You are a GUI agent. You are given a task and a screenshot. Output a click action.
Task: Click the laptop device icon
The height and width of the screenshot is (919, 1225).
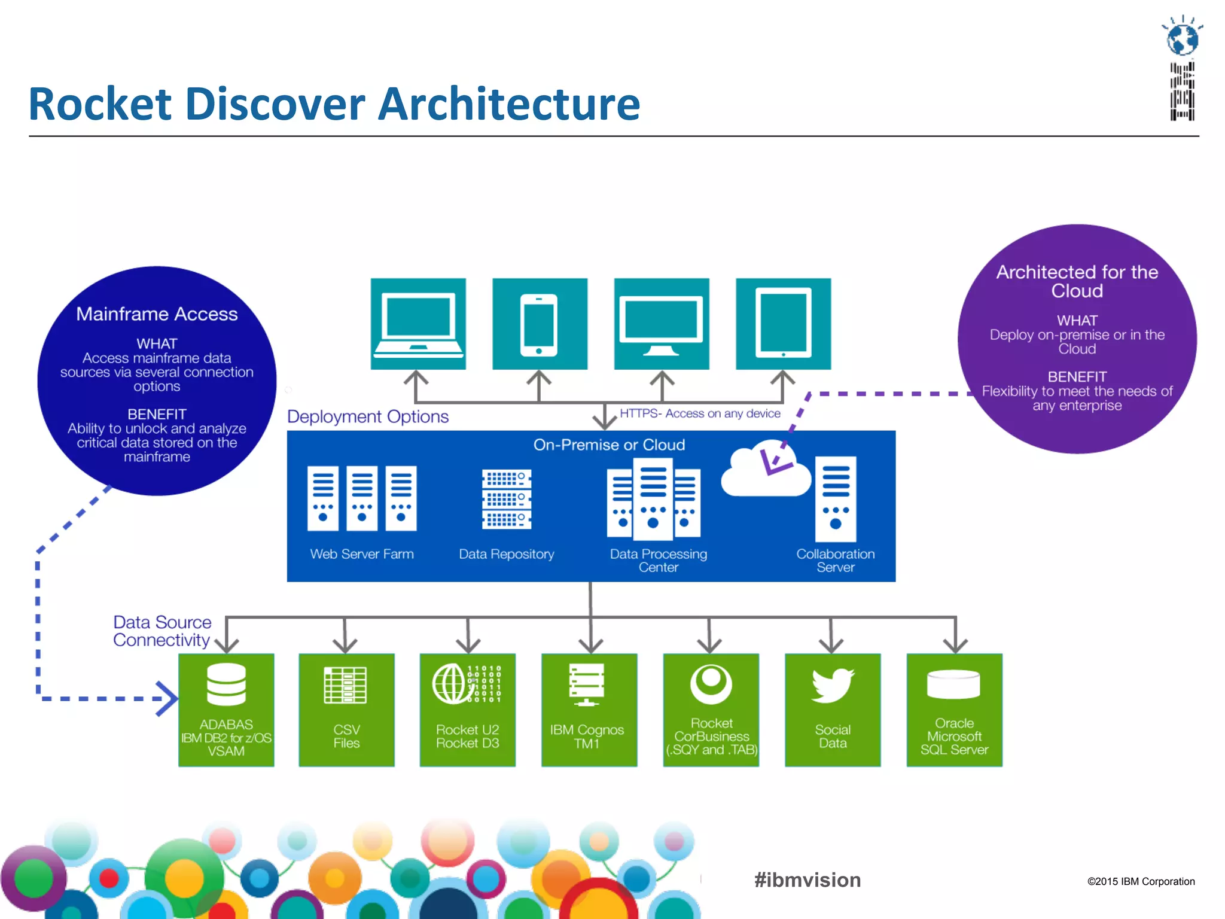pyautogui.click(x=418, y=323)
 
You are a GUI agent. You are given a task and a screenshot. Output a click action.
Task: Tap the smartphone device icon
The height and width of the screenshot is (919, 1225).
pyautogui.click(x=539, y=324)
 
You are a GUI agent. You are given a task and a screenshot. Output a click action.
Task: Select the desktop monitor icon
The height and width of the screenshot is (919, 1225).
pyautogui.click(x=661, y=324)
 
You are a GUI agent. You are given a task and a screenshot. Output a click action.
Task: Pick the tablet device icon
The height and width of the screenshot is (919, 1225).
pyautogui.click(x=783, y=324)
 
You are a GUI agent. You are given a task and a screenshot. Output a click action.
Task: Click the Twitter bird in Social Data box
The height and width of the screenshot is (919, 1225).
pyautogui.click(x=833, y=684)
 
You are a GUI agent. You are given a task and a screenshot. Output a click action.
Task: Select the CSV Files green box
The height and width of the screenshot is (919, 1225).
pyautogui.click(x=346, y=710)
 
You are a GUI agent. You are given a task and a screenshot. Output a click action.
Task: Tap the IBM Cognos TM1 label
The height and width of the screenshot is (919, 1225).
pyautogui.click(x=587, y=737)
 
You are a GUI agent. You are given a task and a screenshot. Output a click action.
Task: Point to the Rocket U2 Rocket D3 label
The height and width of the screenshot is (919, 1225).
pyautogui.click(x=467, y=737)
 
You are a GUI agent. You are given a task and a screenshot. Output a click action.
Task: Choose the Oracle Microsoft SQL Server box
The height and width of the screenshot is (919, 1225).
pyautogui.click(x=954, y=710)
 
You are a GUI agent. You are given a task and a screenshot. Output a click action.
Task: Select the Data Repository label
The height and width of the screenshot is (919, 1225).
pyautogui.click(x=506, y=554)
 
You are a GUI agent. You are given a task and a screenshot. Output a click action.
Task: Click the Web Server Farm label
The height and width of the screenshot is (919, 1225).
pyautogui.click(x=361, y=554)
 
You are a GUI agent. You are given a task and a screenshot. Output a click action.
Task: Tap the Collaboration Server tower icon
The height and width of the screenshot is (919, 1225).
pyautogui.click(x=836, y=499)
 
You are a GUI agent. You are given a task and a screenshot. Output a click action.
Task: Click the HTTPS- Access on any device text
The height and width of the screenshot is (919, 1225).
pyautogui.click(x=700, y=413)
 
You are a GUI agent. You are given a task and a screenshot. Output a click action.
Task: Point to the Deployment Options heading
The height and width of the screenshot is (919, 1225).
pyautogui.click(x=367, y=416)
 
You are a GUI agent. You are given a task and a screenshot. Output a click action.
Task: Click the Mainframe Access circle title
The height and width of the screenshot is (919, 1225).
pyautogui.click(x=157, y=314)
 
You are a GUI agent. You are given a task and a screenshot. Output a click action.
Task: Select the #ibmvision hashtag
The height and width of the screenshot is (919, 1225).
pyautogui.click(x=807, y=880)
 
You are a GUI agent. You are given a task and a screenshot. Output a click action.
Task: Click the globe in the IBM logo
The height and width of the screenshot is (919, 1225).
pyautogui.click(x=1183, y=39)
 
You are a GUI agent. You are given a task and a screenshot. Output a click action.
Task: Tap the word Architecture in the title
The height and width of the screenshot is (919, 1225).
pyautogui.click(x=509, y=104)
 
